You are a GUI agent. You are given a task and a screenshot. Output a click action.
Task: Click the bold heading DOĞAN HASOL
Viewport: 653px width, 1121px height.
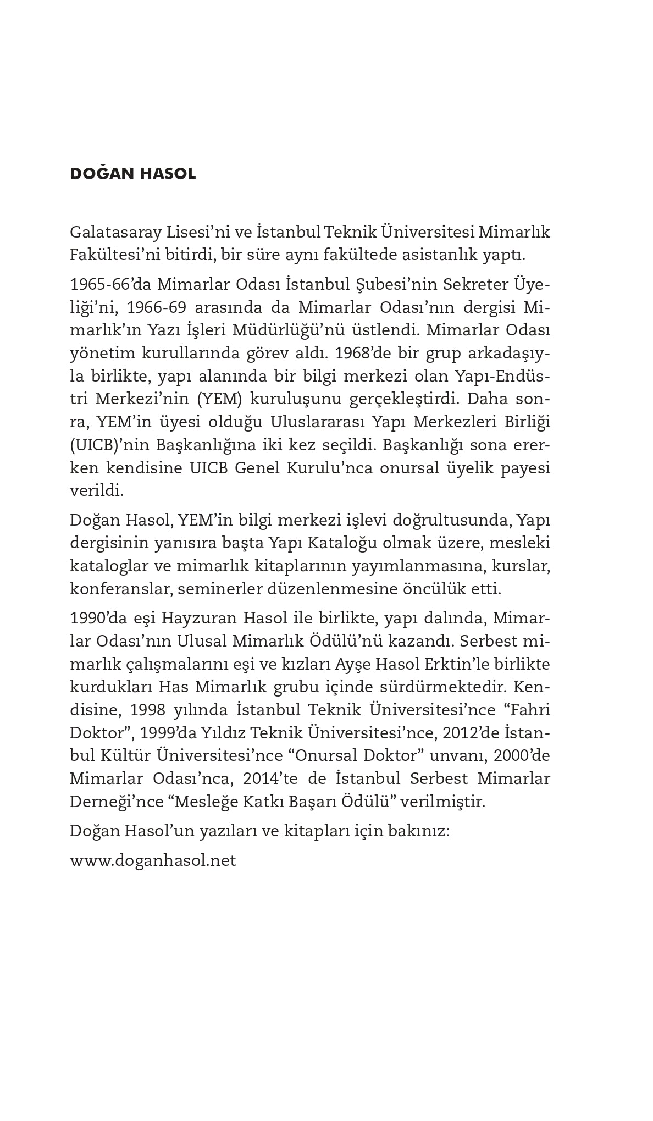[x=133, y=174]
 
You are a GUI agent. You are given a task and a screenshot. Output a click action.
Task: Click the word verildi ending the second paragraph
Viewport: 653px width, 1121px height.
[x=97, y=490]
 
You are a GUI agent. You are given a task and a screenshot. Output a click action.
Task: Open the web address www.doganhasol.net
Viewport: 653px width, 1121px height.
[x=153, y=860]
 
